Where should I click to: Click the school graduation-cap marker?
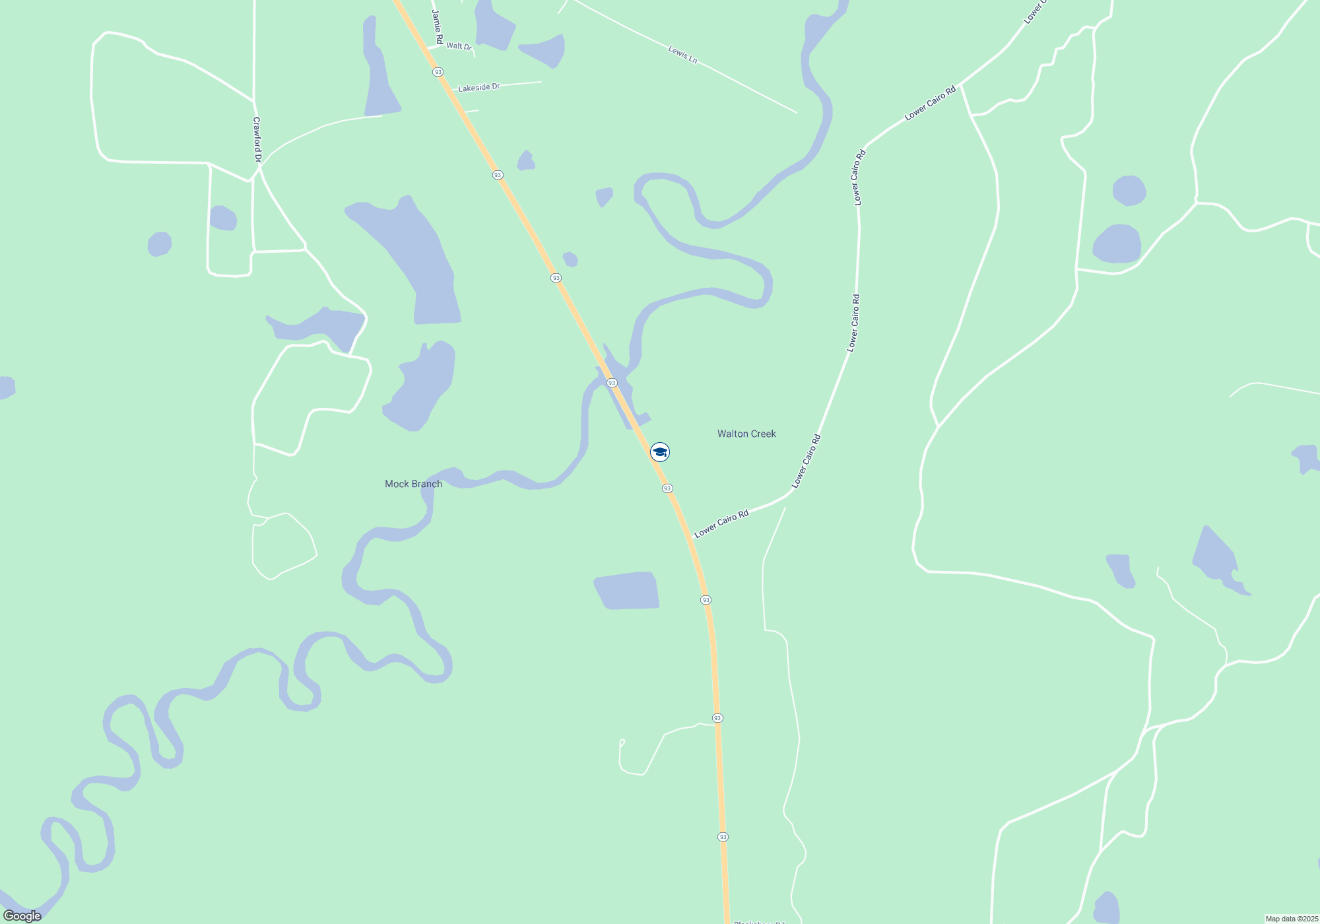[660, 452]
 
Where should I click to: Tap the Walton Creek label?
[746, 434]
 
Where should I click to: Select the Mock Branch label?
[413, 484]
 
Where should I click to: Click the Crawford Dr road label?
[257, 140]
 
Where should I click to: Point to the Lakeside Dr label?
[478, 87]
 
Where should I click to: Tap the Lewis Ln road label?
[682, 55]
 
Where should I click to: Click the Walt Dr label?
[459, 46]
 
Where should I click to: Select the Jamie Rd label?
[437, 26]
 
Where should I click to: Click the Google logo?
[22, 915]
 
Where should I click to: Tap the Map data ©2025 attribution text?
[1291, 919]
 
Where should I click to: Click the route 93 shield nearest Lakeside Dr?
[438, 71]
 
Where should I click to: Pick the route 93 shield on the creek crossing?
[612, 383]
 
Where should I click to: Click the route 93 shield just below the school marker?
[667, 488]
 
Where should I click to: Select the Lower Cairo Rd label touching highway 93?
[721, 523]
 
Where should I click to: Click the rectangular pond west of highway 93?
[627, 590]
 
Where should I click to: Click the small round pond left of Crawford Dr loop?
[159, 244]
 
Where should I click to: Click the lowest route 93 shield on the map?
[723, 837]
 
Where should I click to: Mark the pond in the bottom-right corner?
[1107, 908]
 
